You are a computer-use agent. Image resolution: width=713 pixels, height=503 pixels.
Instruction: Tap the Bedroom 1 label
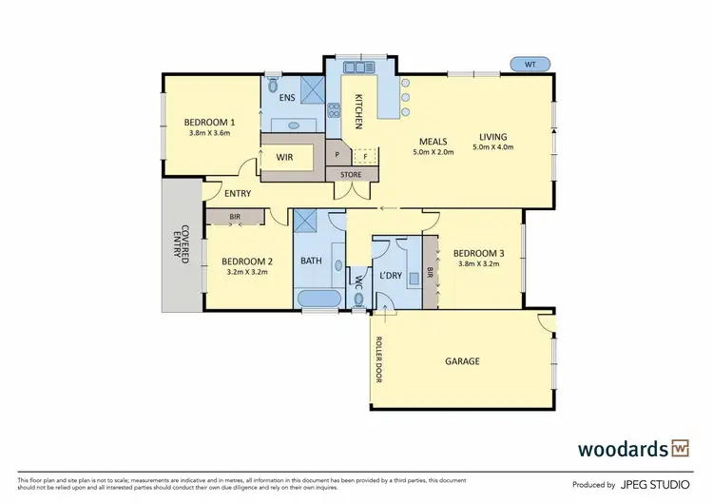coord(209,122)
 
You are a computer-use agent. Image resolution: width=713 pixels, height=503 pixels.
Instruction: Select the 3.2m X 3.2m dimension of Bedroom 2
coord(247,272)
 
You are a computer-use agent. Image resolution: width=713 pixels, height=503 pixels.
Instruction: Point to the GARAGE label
coord(462,361)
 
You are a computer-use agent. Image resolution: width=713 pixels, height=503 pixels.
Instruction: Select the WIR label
coord(284,158)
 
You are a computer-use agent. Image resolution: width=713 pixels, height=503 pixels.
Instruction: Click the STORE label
coord(351,175)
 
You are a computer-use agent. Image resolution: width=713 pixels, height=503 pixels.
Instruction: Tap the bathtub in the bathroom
coord(318,300)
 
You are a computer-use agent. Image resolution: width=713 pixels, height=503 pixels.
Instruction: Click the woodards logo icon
coord(680,448)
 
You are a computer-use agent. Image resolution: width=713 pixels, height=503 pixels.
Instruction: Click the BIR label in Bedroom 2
coord(234,218)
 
